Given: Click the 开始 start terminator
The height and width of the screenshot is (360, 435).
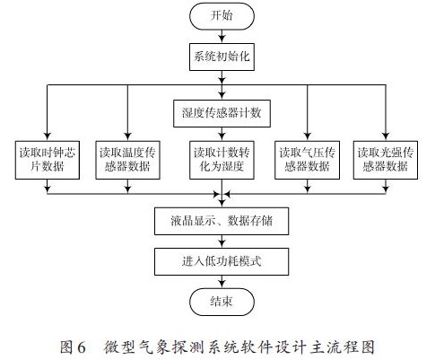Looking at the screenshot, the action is [x=222, y=16].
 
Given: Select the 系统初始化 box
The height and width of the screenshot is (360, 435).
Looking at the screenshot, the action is [x=222, y=57].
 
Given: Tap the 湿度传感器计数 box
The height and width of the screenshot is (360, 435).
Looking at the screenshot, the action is [x=222, y=113].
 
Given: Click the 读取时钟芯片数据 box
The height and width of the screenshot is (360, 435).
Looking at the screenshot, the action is [x=48, y=160].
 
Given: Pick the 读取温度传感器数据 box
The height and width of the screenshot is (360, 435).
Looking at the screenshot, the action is [x=127, y=160].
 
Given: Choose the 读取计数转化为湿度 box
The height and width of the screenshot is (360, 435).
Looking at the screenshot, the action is [x=222, y=160].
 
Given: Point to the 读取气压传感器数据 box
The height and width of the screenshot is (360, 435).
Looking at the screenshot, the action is [x=307, y=160].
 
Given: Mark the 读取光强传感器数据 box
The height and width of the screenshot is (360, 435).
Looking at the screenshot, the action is [x=386, y=160].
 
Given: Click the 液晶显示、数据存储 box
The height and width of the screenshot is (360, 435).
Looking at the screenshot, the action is [x=222, y=221].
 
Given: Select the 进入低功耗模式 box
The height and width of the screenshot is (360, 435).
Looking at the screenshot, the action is [x=222, y=261].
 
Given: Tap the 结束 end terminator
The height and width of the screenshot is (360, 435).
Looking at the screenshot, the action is [x=222, y=302].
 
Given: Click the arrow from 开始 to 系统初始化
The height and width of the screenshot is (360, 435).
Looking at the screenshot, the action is [x=222, y=37].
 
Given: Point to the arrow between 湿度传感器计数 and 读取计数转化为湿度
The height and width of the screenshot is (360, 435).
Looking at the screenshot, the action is [x=222, y=134].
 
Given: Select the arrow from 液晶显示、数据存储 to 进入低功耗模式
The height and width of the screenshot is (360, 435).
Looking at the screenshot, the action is [x=222, y=241].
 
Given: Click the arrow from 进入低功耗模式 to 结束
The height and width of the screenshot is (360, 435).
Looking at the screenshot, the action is [x=222, y=282].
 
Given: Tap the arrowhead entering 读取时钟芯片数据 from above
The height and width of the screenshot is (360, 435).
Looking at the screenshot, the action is [x=48, y=137].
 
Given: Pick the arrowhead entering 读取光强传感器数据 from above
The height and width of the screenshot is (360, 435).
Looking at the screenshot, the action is [x=386, y=137].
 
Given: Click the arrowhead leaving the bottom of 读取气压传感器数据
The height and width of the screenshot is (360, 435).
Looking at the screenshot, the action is [x=307, y=189].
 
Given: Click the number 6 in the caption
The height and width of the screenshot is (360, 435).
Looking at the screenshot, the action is [x=81, y=347].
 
